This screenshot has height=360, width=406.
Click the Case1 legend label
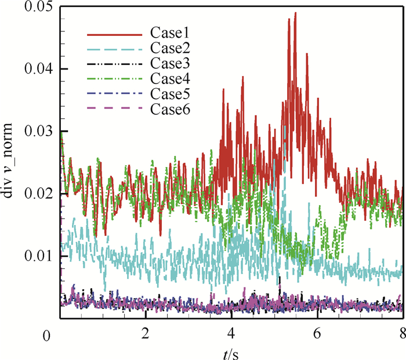(x=168, y=34)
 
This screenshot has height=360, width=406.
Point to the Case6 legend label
(x=168, y=108)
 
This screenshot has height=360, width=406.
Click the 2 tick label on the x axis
(x=146, y=334)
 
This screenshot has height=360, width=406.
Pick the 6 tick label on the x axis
(x=317, y=334)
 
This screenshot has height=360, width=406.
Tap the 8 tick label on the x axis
(x=402, y=334)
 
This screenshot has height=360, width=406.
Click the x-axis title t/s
(x=232, y=351)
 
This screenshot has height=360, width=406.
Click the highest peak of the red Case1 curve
(x=295, y=13)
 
